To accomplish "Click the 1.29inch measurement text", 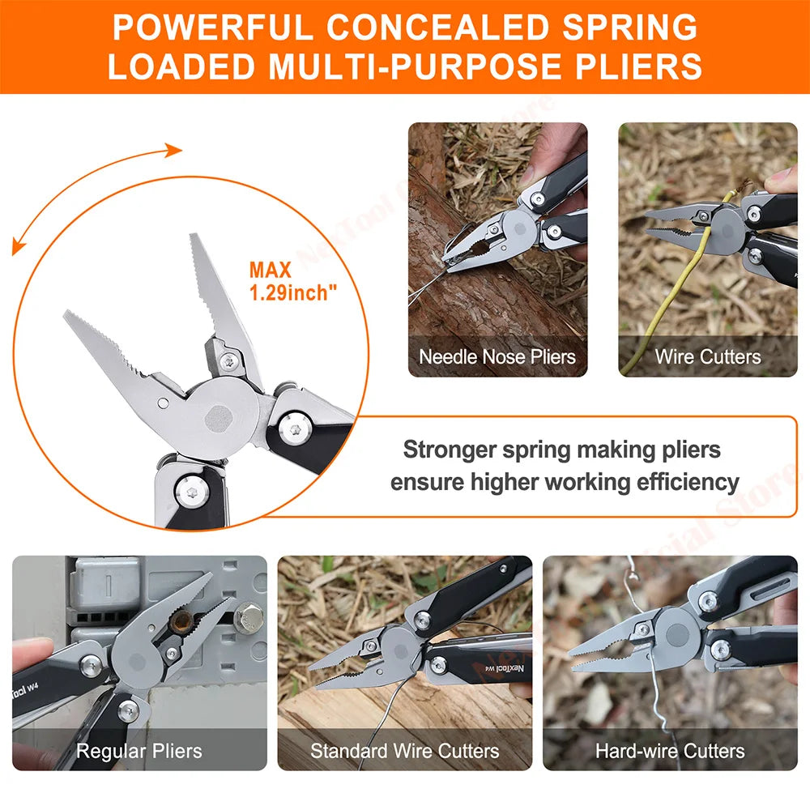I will point(293,293).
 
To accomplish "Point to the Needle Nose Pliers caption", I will point(497,356).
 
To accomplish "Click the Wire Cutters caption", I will point(708,356).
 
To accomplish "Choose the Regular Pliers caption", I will point(139,751).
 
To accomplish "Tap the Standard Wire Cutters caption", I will point(404,751).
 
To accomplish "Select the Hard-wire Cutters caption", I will point(670,751).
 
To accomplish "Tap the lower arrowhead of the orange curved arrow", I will point(16,249).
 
